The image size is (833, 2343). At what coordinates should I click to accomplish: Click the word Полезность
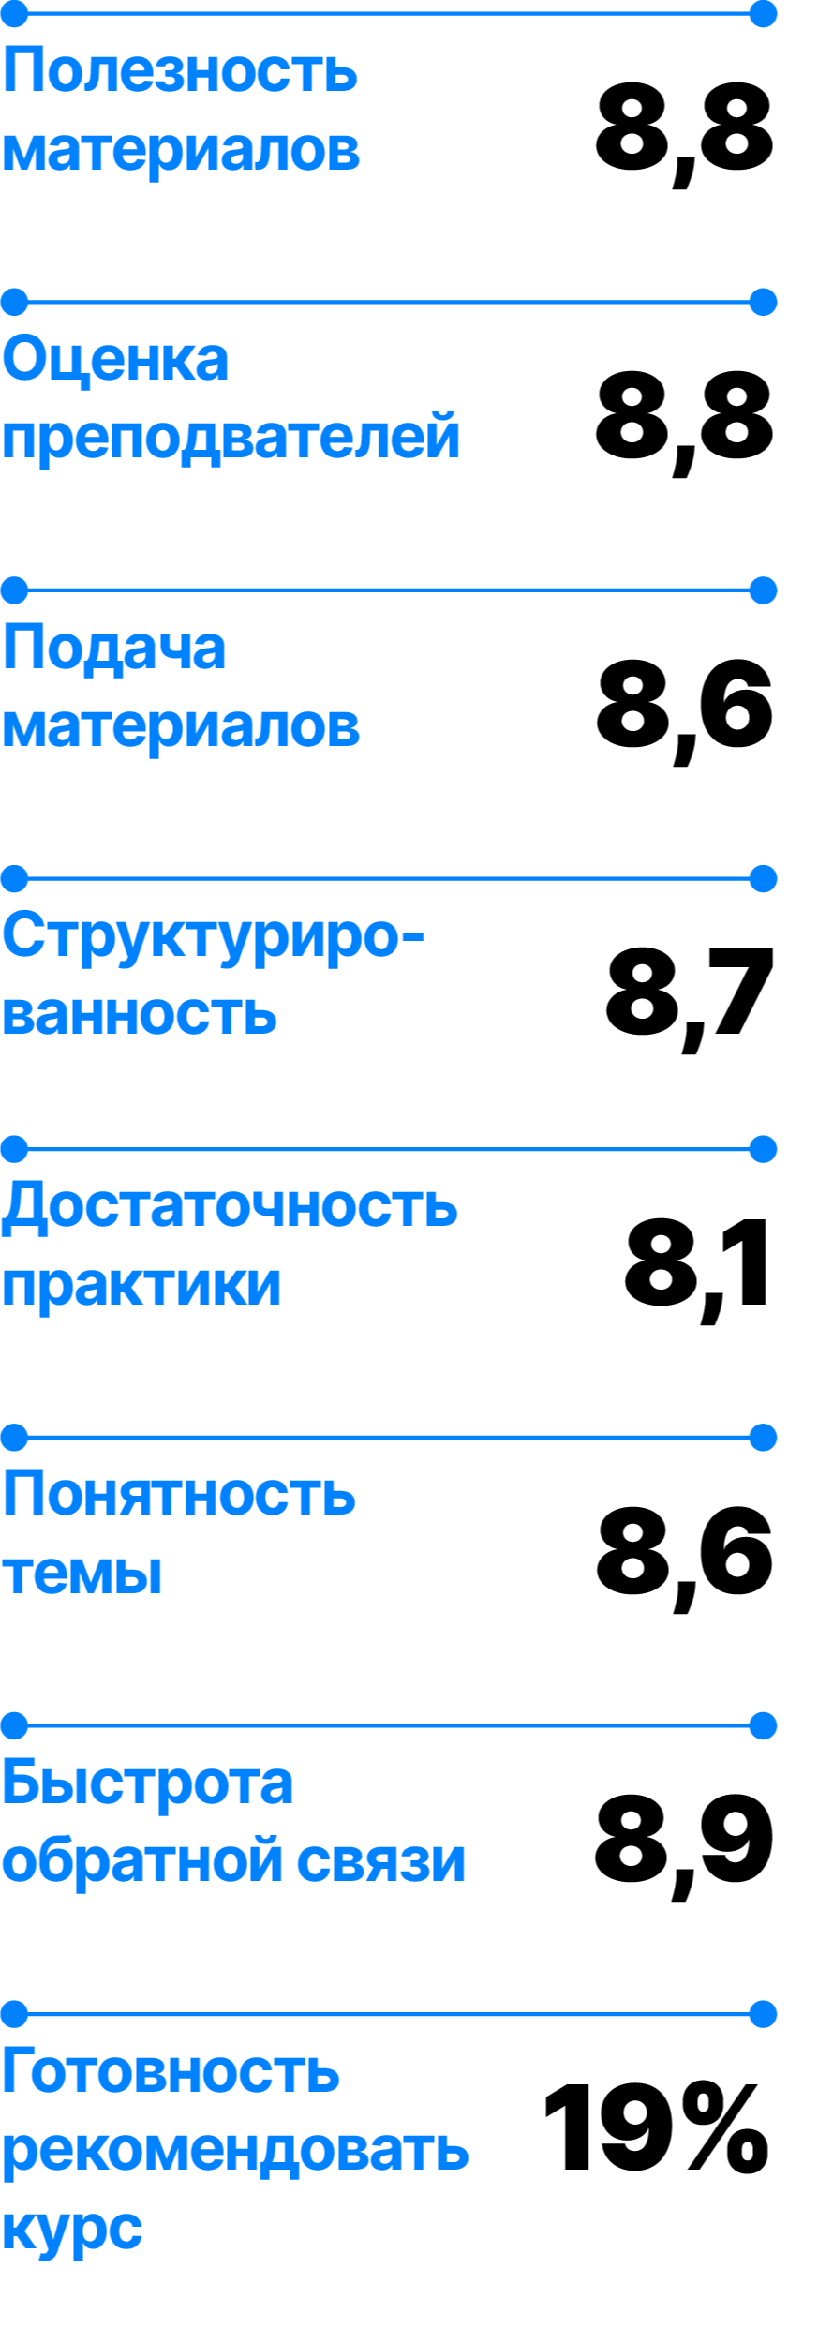180,70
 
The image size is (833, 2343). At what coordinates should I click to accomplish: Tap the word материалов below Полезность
181,149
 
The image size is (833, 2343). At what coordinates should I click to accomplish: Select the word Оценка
115,359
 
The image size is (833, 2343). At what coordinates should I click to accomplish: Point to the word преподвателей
231,438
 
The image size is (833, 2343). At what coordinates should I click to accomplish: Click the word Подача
114,648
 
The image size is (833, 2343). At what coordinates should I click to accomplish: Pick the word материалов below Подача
181,726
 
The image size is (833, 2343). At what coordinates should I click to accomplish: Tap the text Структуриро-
214,936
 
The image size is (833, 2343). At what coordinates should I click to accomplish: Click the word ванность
140,1014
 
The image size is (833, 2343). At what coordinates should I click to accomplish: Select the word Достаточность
230,1205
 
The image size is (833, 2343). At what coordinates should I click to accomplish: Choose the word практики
141,1285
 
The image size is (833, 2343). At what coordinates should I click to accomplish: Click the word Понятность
179,1494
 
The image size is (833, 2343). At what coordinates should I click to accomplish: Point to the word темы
82,1573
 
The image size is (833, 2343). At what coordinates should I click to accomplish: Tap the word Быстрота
147,1783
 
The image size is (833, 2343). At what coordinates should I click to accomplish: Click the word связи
381,1861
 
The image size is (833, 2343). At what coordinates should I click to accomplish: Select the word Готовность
171,2071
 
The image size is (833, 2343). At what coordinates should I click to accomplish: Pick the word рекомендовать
235,2150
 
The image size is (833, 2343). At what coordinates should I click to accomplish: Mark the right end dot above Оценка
764,303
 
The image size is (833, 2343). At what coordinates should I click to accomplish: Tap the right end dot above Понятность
764,1437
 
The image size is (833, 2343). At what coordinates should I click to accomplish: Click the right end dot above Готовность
764,2014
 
